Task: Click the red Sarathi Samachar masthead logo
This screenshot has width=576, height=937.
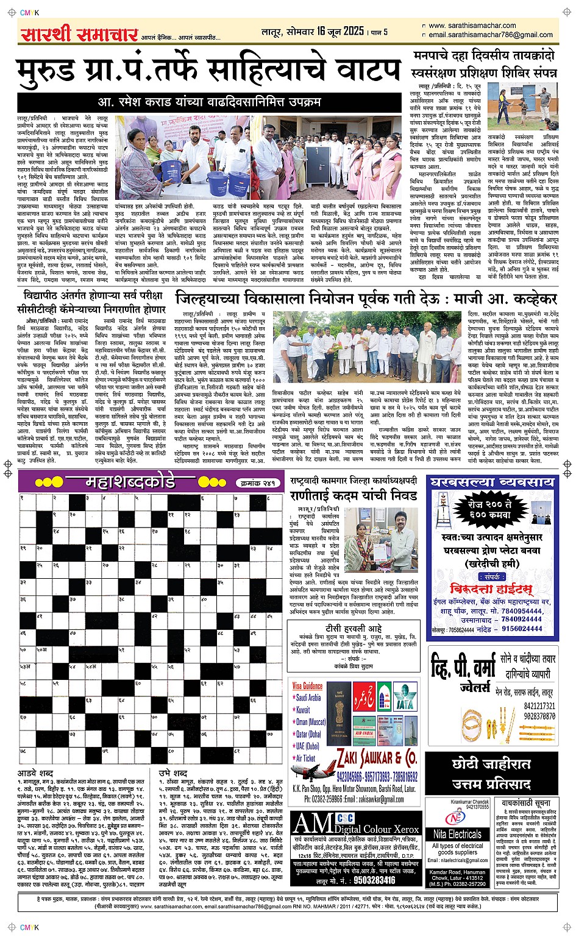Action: click(x=79, y=34)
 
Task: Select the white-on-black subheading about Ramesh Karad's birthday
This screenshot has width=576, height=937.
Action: click(x=210, y=102)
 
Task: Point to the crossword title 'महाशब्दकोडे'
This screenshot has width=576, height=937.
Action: click(x=130, y=483)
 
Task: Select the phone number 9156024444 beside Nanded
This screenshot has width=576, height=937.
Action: click(x=522, y=629)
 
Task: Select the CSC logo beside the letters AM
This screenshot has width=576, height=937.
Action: click(x=345, y=818)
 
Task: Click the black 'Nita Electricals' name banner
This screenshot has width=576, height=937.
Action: click(x=458, y=834)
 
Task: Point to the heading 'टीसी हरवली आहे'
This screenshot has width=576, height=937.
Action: click(x=354, y=628)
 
